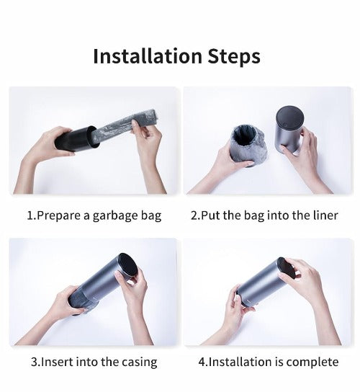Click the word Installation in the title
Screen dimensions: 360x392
148,56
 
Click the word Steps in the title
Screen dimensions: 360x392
234,57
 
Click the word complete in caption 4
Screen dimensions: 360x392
312,362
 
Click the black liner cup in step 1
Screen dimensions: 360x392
76,140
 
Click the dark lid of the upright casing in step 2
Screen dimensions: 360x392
289,117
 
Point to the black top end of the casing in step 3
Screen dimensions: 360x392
128,264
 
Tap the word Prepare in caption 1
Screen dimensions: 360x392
60,216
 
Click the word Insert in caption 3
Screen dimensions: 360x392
57,362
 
